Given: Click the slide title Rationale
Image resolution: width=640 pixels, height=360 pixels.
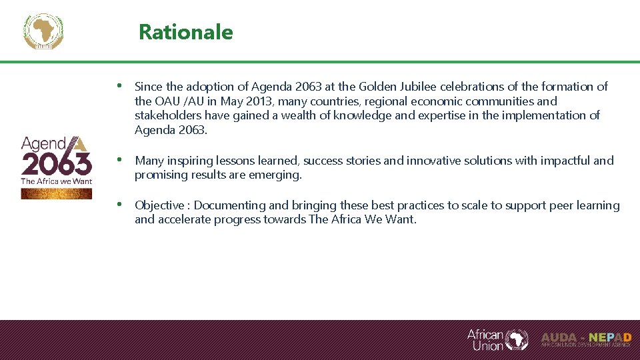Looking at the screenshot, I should click(185, 32).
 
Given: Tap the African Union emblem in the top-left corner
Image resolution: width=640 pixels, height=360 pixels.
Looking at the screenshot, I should click(43, 31).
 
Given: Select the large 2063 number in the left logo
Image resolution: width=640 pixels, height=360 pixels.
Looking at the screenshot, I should click(57, 163).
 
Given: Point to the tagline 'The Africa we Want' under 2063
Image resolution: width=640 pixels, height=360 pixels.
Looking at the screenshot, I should click(57, 181).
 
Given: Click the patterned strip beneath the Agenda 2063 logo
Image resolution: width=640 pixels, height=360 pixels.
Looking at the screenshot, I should click(57, 193).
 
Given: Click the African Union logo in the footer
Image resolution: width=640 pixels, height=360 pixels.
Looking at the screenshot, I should click(497, 339).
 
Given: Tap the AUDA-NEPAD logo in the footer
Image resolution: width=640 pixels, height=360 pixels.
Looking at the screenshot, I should click(585, 339).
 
